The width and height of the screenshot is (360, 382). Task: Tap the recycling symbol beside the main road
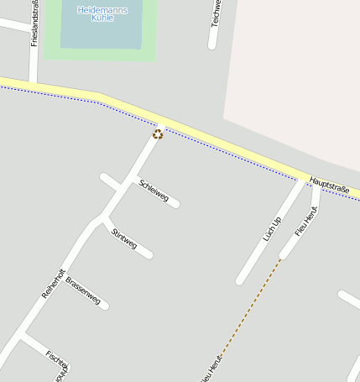coord(157,134)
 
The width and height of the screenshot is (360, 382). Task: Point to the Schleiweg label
coord(154,191)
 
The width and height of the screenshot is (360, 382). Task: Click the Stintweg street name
coord(124,238)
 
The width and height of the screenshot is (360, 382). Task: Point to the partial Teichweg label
coord(216,13)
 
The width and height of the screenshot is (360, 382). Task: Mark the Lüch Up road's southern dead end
coord(240,280)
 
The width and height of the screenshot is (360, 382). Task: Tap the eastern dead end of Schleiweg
coord(176,204)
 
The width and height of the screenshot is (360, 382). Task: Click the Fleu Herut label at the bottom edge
coord(211,370)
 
